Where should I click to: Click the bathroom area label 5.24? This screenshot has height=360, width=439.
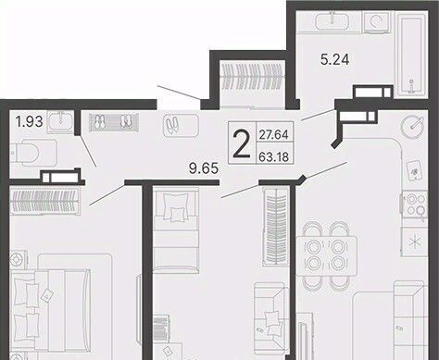point(335,59)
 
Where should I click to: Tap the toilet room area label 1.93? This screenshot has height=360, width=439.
point(30,122)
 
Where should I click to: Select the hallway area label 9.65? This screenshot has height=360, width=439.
point(204,168)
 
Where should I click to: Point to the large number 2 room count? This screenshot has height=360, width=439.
point(242,143)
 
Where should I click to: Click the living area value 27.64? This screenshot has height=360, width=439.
point(273,135)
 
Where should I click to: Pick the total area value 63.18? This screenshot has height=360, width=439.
point(273,157)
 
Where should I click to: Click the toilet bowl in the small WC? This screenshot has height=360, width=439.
point(33,152)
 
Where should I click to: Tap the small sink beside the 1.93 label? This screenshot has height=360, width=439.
point(61,122)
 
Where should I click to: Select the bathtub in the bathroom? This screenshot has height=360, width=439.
point(412,53)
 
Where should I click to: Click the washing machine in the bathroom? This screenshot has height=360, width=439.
point(377,21)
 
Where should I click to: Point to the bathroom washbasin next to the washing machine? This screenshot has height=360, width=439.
point(332,21)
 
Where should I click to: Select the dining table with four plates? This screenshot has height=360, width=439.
point(327,255)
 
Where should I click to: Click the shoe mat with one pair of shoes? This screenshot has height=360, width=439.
point(181,125)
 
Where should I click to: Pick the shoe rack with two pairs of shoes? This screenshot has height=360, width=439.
point(114,122)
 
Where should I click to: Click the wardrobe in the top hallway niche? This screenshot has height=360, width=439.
point(253,83)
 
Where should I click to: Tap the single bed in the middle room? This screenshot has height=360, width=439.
point(176,230)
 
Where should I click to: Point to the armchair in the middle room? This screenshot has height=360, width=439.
point(271,317)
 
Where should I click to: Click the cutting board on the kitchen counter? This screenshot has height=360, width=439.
point(415,169)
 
